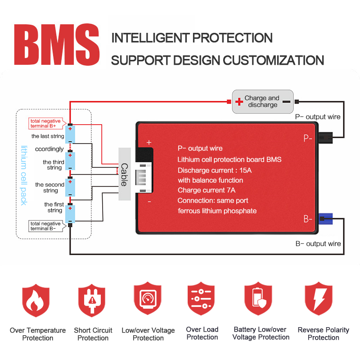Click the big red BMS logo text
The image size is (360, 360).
click(x=57, y=44)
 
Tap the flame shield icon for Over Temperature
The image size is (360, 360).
click(x=36, y=300)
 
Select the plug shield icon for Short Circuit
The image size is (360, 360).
click(x=92, y=300)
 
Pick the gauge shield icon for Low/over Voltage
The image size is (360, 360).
click(x=148, y=298)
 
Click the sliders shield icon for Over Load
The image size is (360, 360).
click(x=201, y=298)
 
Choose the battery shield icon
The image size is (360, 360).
click(x=258, y=298)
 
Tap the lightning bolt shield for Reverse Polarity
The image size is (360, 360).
click(x=319, y=298)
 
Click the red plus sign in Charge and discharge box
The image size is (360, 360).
click(x=239, y=102)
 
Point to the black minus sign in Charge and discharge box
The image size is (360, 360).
click(x=286, y=102)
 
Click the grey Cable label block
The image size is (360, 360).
click(x=125, y=174)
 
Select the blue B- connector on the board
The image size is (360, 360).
click(x=325, y=219)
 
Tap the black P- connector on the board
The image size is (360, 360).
click(x=325, y=138)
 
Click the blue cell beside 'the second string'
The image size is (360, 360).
click(x=70, y=187)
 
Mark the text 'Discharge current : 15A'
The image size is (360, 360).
click(x=215, y=170)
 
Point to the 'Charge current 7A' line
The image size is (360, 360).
click(x=207, y=190)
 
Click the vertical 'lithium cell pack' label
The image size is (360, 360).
click(x=24, y=175)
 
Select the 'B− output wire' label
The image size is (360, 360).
click(x=318, y=243)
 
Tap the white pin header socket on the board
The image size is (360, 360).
click(x=144, y=177)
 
